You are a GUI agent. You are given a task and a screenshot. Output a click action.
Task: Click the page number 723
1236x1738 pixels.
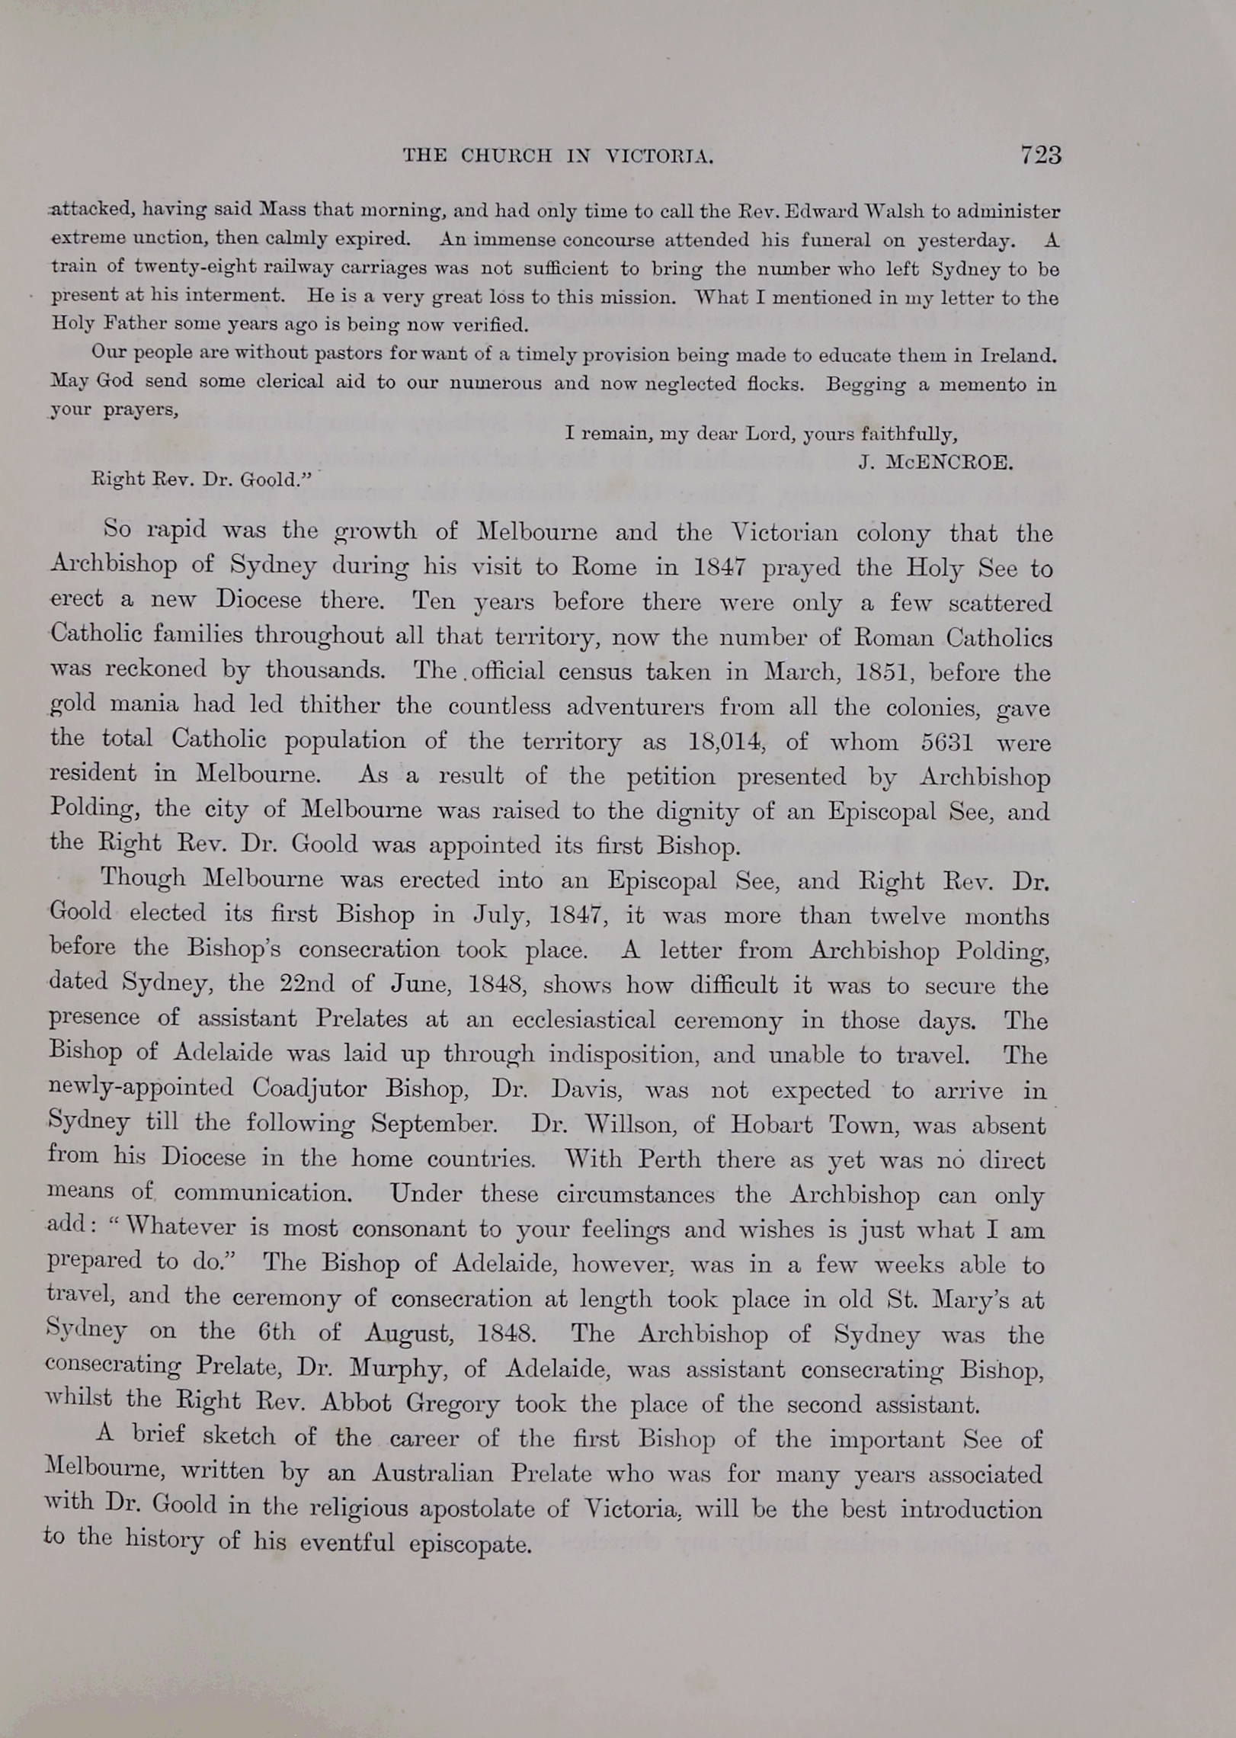1040,156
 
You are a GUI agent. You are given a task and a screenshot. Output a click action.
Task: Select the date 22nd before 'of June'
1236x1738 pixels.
307,983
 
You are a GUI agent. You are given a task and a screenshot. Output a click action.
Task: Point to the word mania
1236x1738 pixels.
144,704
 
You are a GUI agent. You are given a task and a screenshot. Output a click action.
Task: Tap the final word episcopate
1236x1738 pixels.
469,1544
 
